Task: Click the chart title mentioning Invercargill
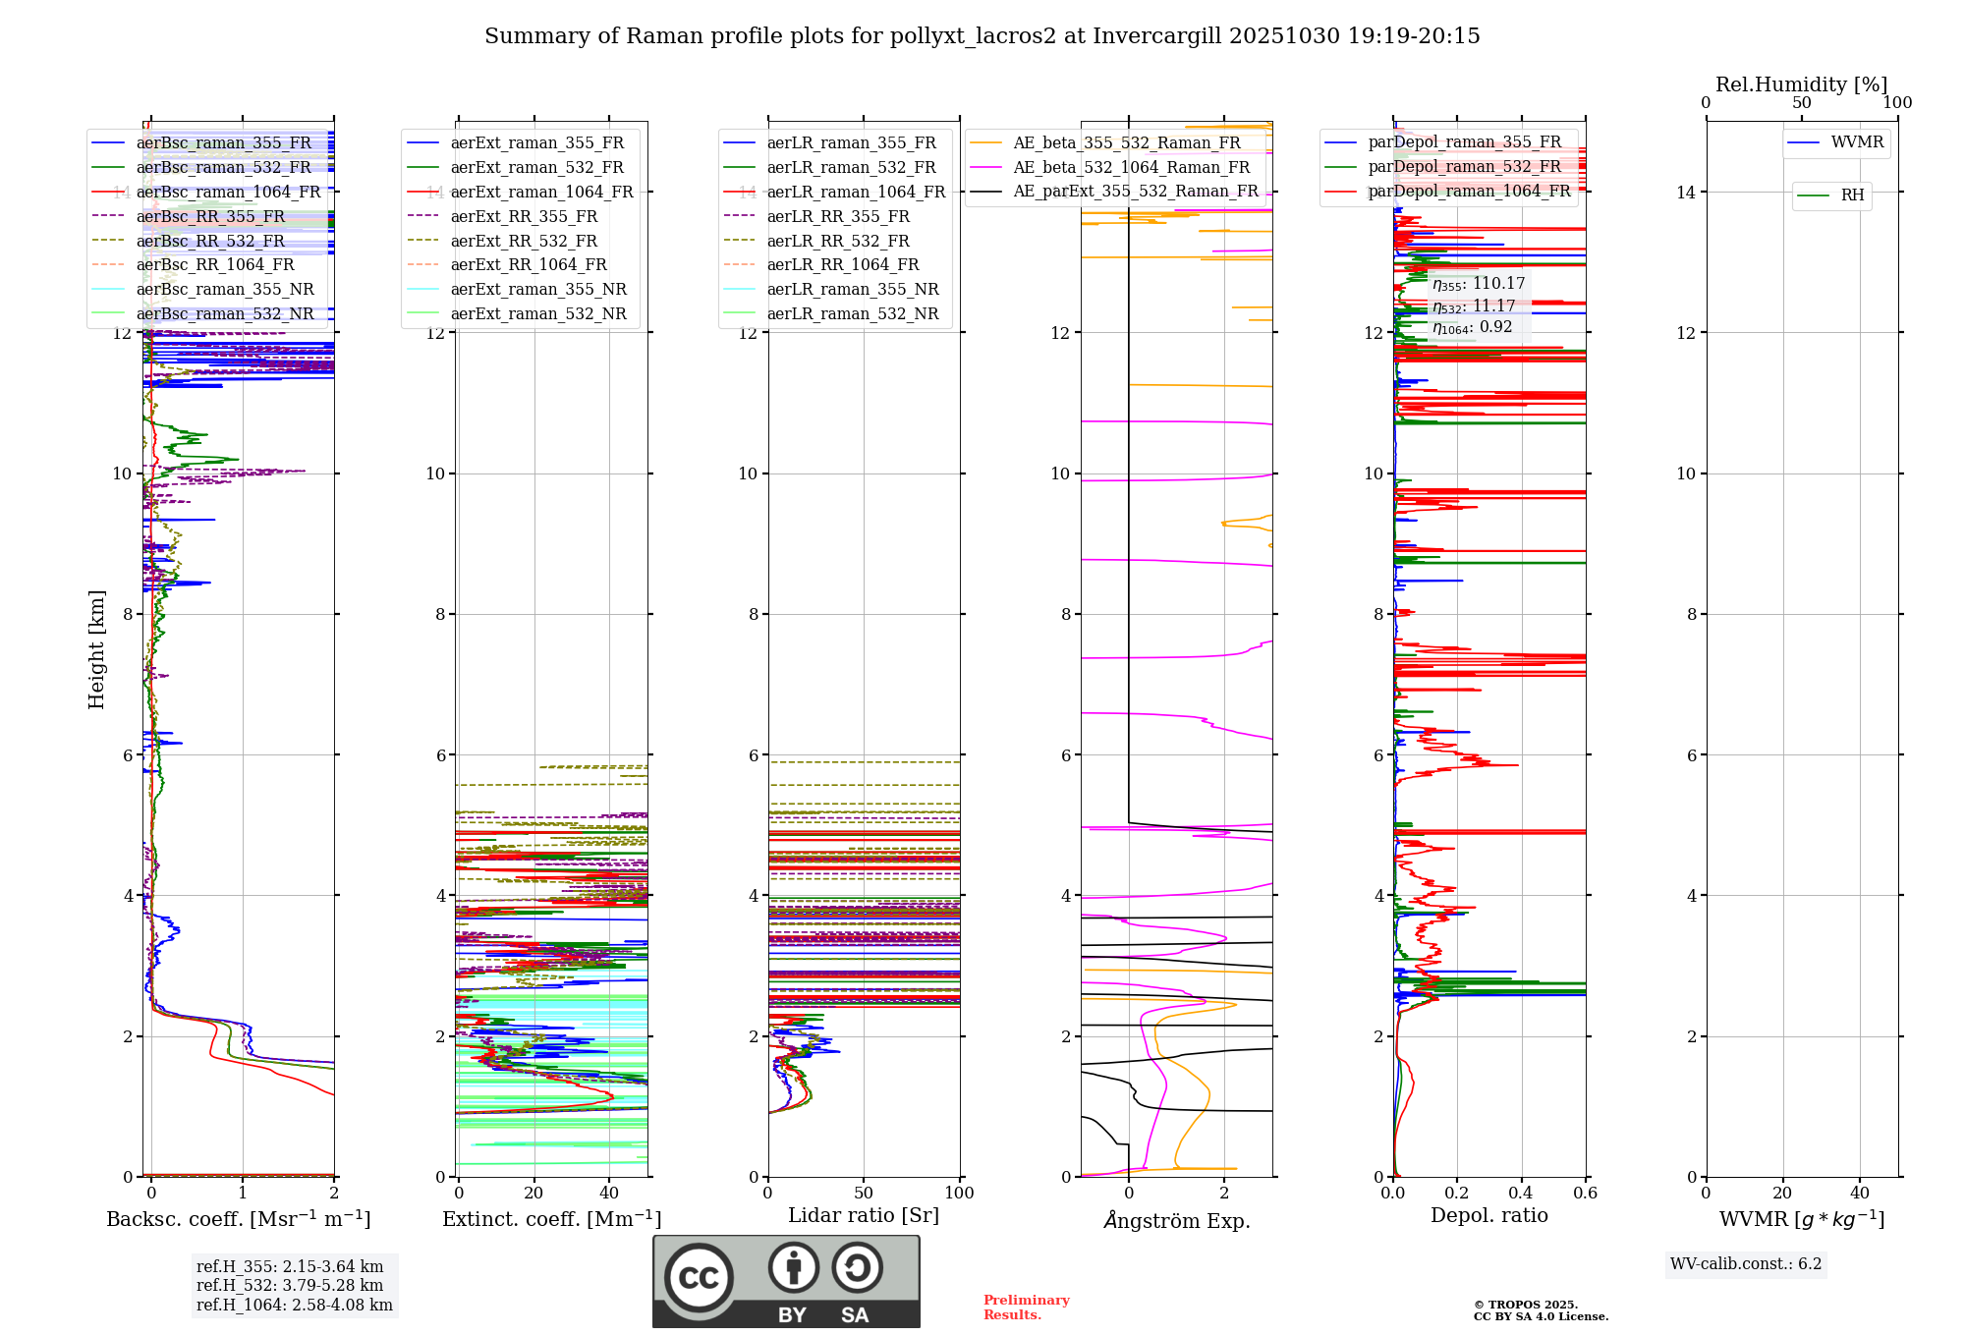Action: (x=982, y=36)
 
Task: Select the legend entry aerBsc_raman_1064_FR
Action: (x=228, y=192)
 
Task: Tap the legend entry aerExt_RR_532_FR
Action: (x=524, y=241)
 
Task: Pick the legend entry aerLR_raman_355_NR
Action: (x=853, y=289)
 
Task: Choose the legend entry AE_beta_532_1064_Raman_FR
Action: (x=1131, y=167)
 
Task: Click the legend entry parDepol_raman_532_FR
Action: (x=1464, y=167)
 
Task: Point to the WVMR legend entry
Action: (x=1857, y=142)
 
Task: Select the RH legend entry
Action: (x=1852, y=195)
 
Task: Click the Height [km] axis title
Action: (x=96, y=648)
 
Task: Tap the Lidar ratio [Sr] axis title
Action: (x=864, y=1215)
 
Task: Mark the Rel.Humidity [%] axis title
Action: (x=1801, y=84)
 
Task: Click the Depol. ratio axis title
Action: (x=1488, y=1215)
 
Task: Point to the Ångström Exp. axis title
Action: (x=1176, y=1220)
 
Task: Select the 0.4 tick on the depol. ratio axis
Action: (x=1521, y=1193)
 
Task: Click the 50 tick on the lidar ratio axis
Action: (x=864, y=1193)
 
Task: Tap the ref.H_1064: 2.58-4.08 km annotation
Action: (x=294, y=1305)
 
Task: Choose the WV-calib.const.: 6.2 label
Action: (x=1745, y=1263)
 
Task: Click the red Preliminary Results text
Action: (x=1026, y=1307)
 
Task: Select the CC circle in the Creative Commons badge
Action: (x=699, y=1277)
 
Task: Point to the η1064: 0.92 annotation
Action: (x=1472, y=327)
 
